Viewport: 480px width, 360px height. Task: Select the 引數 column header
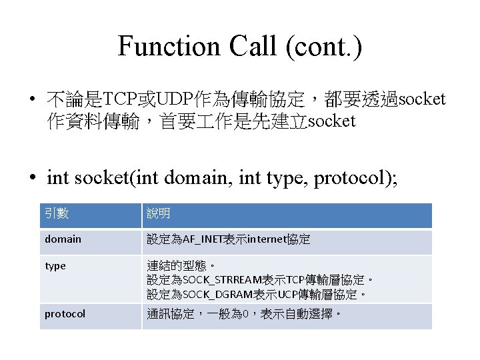(x=57, y=214)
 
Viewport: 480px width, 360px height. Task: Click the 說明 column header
(x=159, y=214)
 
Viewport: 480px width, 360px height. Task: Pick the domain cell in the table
(x=63, y=239)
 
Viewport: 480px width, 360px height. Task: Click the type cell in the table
(x=55, y=266)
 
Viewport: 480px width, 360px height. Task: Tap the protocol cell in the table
(x=65, y=314)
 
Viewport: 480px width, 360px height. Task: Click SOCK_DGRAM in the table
(x=211, y=294)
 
